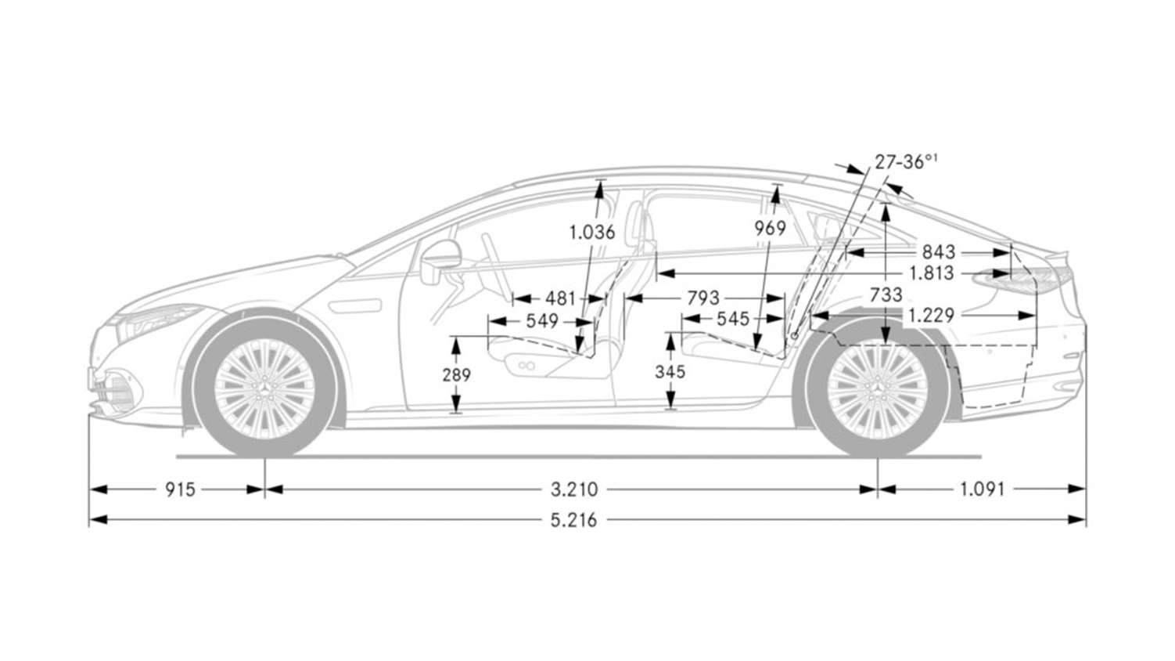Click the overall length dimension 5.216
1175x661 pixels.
[x=573, y=520]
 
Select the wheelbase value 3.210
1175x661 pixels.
[x=574, y=489]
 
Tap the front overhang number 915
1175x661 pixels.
[x=180, y=489]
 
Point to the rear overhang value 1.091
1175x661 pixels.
[x=982, y=489]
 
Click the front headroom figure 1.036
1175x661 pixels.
[x=592, y=232]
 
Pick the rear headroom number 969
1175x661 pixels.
[x=770, y=229]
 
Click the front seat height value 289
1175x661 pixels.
[x=456, y=375]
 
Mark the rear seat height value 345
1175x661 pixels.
[x=670, y=372]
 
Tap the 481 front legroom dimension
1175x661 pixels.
[x=560, y=298]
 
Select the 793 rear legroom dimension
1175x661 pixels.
[x=703, y=298]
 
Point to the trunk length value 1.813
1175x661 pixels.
[x=931, y=273]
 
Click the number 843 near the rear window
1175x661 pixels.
[x=939, y=252]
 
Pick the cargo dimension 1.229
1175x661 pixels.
[x=931, y=316]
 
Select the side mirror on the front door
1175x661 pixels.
[x=440, y=262]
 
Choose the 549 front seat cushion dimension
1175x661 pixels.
[x=542, y=321]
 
